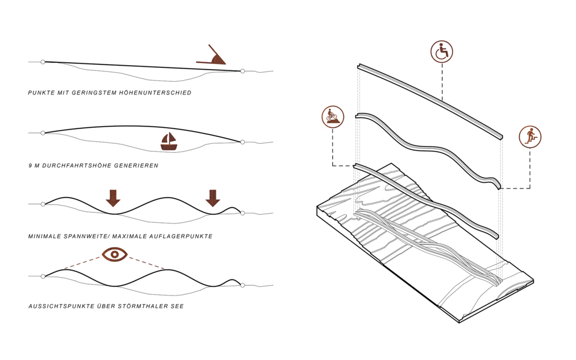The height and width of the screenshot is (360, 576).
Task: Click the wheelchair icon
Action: [442, 52]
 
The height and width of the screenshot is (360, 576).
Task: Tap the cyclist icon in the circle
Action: [333, 117]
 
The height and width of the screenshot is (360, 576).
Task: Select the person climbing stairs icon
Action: [530, 137]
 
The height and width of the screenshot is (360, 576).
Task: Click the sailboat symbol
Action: [169, 142]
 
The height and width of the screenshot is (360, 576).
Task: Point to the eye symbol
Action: [115, 254]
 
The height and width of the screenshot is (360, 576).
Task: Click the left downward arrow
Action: [113, 198]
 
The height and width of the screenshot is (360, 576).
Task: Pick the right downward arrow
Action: [213, 198]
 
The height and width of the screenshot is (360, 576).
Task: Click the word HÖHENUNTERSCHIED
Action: [155, 93]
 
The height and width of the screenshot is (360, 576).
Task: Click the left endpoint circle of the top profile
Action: [43, 62]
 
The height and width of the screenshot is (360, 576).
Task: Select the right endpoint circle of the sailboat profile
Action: [242, 142]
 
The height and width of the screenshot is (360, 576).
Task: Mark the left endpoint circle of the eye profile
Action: [43, 276]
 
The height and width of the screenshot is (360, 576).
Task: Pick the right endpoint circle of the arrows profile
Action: [242, 213]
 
